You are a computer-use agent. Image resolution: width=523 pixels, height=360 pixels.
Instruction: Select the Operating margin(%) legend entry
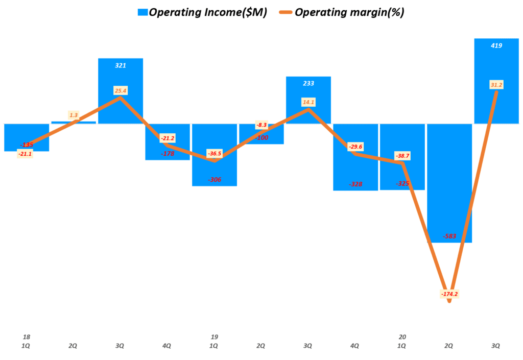click(342, 13)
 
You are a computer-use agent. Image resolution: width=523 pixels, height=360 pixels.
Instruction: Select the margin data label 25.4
click(121, 91)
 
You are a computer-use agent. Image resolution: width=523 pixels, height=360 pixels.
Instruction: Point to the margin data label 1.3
click(74, 115)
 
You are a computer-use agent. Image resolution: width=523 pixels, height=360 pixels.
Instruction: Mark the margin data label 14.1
click(308, 102)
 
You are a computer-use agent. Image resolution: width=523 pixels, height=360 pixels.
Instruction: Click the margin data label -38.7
click(402, 155)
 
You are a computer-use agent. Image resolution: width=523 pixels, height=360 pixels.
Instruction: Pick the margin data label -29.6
click(355, 147)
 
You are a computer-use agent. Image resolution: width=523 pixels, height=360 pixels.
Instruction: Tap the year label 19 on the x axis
click(215, 337)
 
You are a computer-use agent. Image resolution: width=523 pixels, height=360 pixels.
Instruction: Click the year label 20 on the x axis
click(402, 337)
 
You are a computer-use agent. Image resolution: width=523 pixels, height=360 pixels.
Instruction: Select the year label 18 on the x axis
click(27, 337)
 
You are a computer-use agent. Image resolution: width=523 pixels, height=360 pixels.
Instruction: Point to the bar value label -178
click(168, 153)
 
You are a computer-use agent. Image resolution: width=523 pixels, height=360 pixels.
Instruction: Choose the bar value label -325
click(402, 183)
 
